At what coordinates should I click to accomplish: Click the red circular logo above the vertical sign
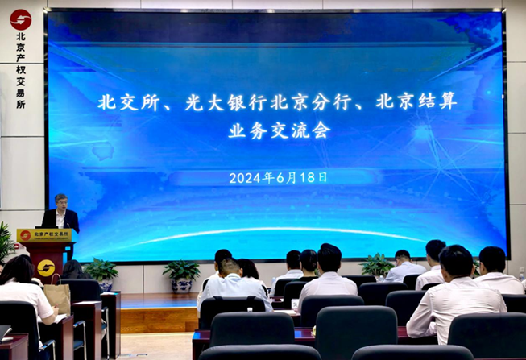point(21,20)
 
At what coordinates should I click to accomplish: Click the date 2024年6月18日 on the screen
point(278,177)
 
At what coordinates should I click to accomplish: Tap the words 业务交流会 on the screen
point(280,130)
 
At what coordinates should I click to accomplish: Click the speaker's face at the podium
point(61,204)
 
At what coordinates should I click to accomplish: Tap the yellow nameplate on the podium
point(44,235)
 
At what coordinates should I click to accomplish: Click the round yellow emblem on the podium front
point(46,268)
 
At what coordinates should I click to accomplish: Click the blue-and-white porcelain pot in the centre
point(181,286)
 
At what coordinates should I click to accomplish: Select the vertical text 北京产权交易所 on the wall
point(21,70)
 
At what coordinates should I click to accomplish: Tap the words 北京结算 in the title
point(416,101)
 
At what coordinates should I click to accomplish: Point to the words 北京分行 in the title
point(311,102)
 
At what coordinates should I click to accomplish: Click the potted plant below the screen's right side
point(377,266)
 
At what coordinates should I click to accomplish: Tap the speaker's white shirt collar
point(60,215)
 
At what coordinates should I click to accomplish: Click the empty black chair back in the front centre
point(252,330)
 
